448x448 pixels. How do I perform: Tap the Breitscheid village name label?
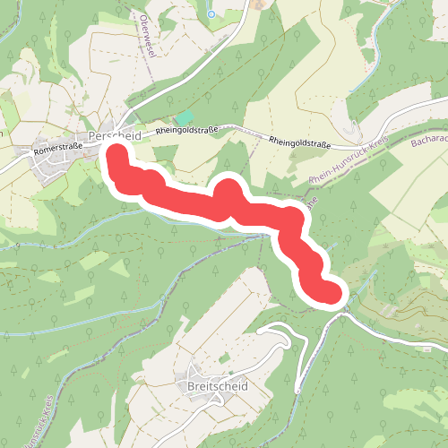coord(218,387)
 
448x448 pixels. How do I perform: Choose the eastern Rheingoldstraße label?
coord(301,142)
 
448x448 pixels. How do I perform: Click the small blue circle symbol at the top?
coord(211,13)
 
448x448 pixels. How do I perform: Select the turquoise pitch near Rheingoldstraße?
coord(184,117)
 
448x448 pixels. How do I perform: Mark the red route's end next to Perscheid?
coord(116,153)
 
